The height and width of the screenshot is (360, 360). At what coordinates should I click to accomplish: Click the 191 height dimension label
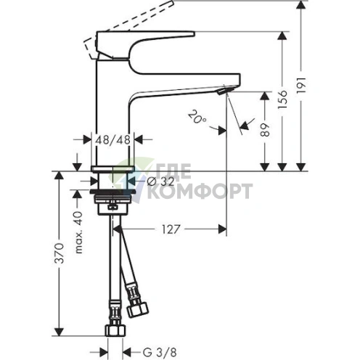pyautogui.click(x=301, y=86)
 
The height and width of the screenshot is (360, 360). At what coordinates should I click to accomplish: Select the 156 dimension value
pyautogui.click(x=282, y=99)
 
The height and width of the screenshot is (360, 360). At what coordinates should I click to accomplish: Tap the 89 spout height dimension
pyautogui.click(x=265, y=130)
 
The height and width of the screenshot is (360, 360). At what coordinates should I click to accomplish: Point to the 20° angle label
pyautogui.click(x=197, y=116)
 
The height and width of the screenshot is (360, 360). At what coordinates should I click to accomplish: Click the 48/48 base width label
pyautogui.click(x=112, y=139)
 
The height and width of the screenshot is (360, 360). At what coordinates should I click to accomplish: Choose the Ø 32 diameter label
pyautogui.click(x=160, y=181)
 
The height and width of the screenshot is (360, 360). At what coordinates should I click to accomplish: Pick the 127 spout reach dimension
pyautogui.click(x=171, y=229)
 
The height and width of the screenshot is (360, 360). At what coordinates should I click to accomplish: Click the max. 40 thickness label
pyautogui.click(x=78, y=232)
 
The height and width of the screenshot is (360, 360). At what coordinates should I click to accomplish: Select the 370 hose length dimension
pyautogui.click(x=59, y=253)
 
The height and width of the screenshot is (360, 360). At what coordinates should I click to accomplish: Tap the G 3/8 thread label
pyautogui.click(x=160, y=353)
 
